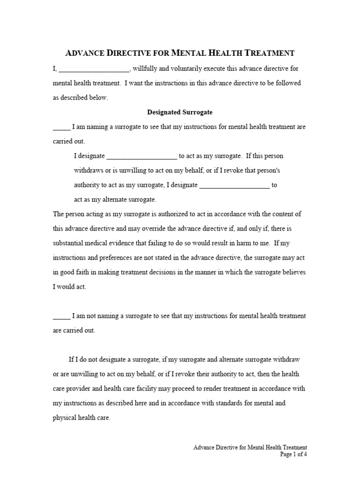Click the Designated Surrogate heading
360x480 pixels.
tap(180, 112)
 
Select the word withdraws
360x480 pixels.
tap(89, 171)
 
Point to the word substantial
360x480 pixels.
tap(68, 243)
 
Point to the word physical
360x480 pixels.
tap(64, 418)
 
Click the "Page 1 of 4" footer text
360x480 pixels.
tap(293, 454)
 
